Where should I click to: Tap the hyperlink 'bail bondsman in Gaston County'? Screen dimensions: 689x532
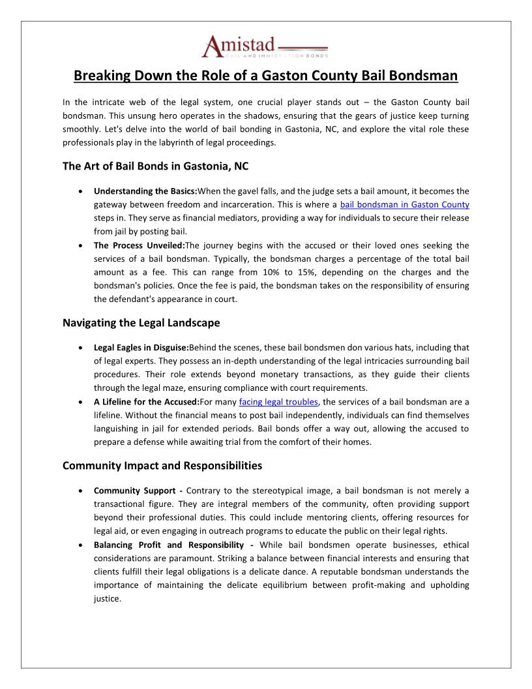[404, 204]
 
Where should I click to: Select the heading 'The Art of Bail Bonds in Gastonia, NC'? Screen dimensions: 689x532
[155, 166]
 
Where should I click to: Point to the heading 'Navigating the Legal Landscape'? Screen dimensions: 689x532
[141, 322]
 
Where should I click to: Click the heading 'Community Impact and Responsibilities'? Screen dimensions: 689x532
[162, 466]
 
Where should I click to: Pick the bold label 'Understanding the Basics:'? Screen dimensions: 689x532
[145, 191]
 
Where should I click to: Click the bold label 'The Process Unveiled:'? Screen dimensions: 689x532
[139, 245]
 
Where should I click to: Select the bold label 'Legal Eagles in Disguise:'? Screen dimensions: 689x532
[141, 348]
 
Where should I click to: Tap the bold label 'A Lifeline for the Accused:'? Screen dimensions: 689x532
[145, 401]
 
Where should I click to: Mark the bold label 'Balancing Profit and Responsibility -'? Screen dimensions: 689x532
[173, 545]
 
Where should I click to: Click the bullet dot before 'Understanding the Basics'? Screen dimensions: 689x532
[80, 192]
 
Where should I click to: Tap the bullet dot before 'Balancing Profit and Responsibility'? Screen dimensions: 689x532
[80, 545]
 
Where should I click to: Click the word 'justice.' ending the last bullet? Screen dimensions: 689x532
[108, 598]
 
